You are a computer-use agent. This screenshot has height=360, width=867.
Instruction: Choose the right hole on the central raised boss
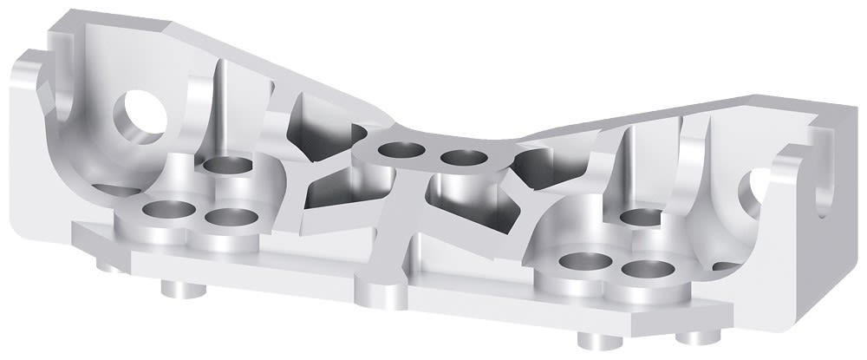[x=463, y=158]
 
